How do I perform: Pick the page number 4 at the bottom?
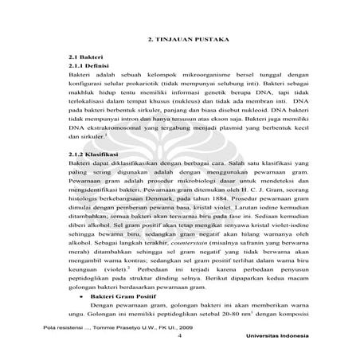181,335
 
